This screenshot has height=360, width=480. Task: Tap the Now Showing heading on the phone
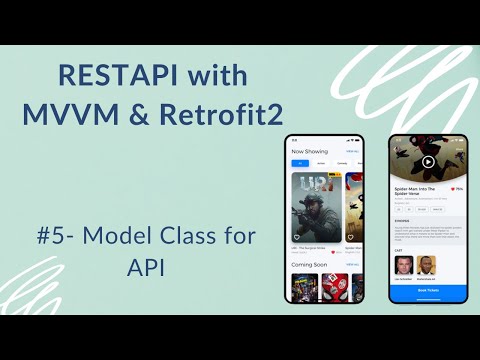point(308,151)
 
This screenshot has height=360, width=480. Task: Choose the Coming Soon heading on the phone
point(308,265)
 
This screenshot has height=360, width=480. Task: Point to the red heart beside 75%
point(452,187)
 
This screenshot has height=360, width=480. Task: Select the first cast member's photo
point(403,264)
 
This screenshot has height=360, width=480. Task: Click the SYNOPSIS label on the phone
point(402,221)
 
